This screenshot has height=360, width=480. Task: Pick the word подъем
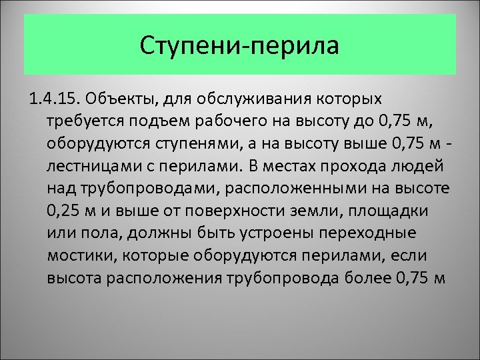169,122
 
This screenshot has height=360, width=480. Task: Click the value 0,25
65,211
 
